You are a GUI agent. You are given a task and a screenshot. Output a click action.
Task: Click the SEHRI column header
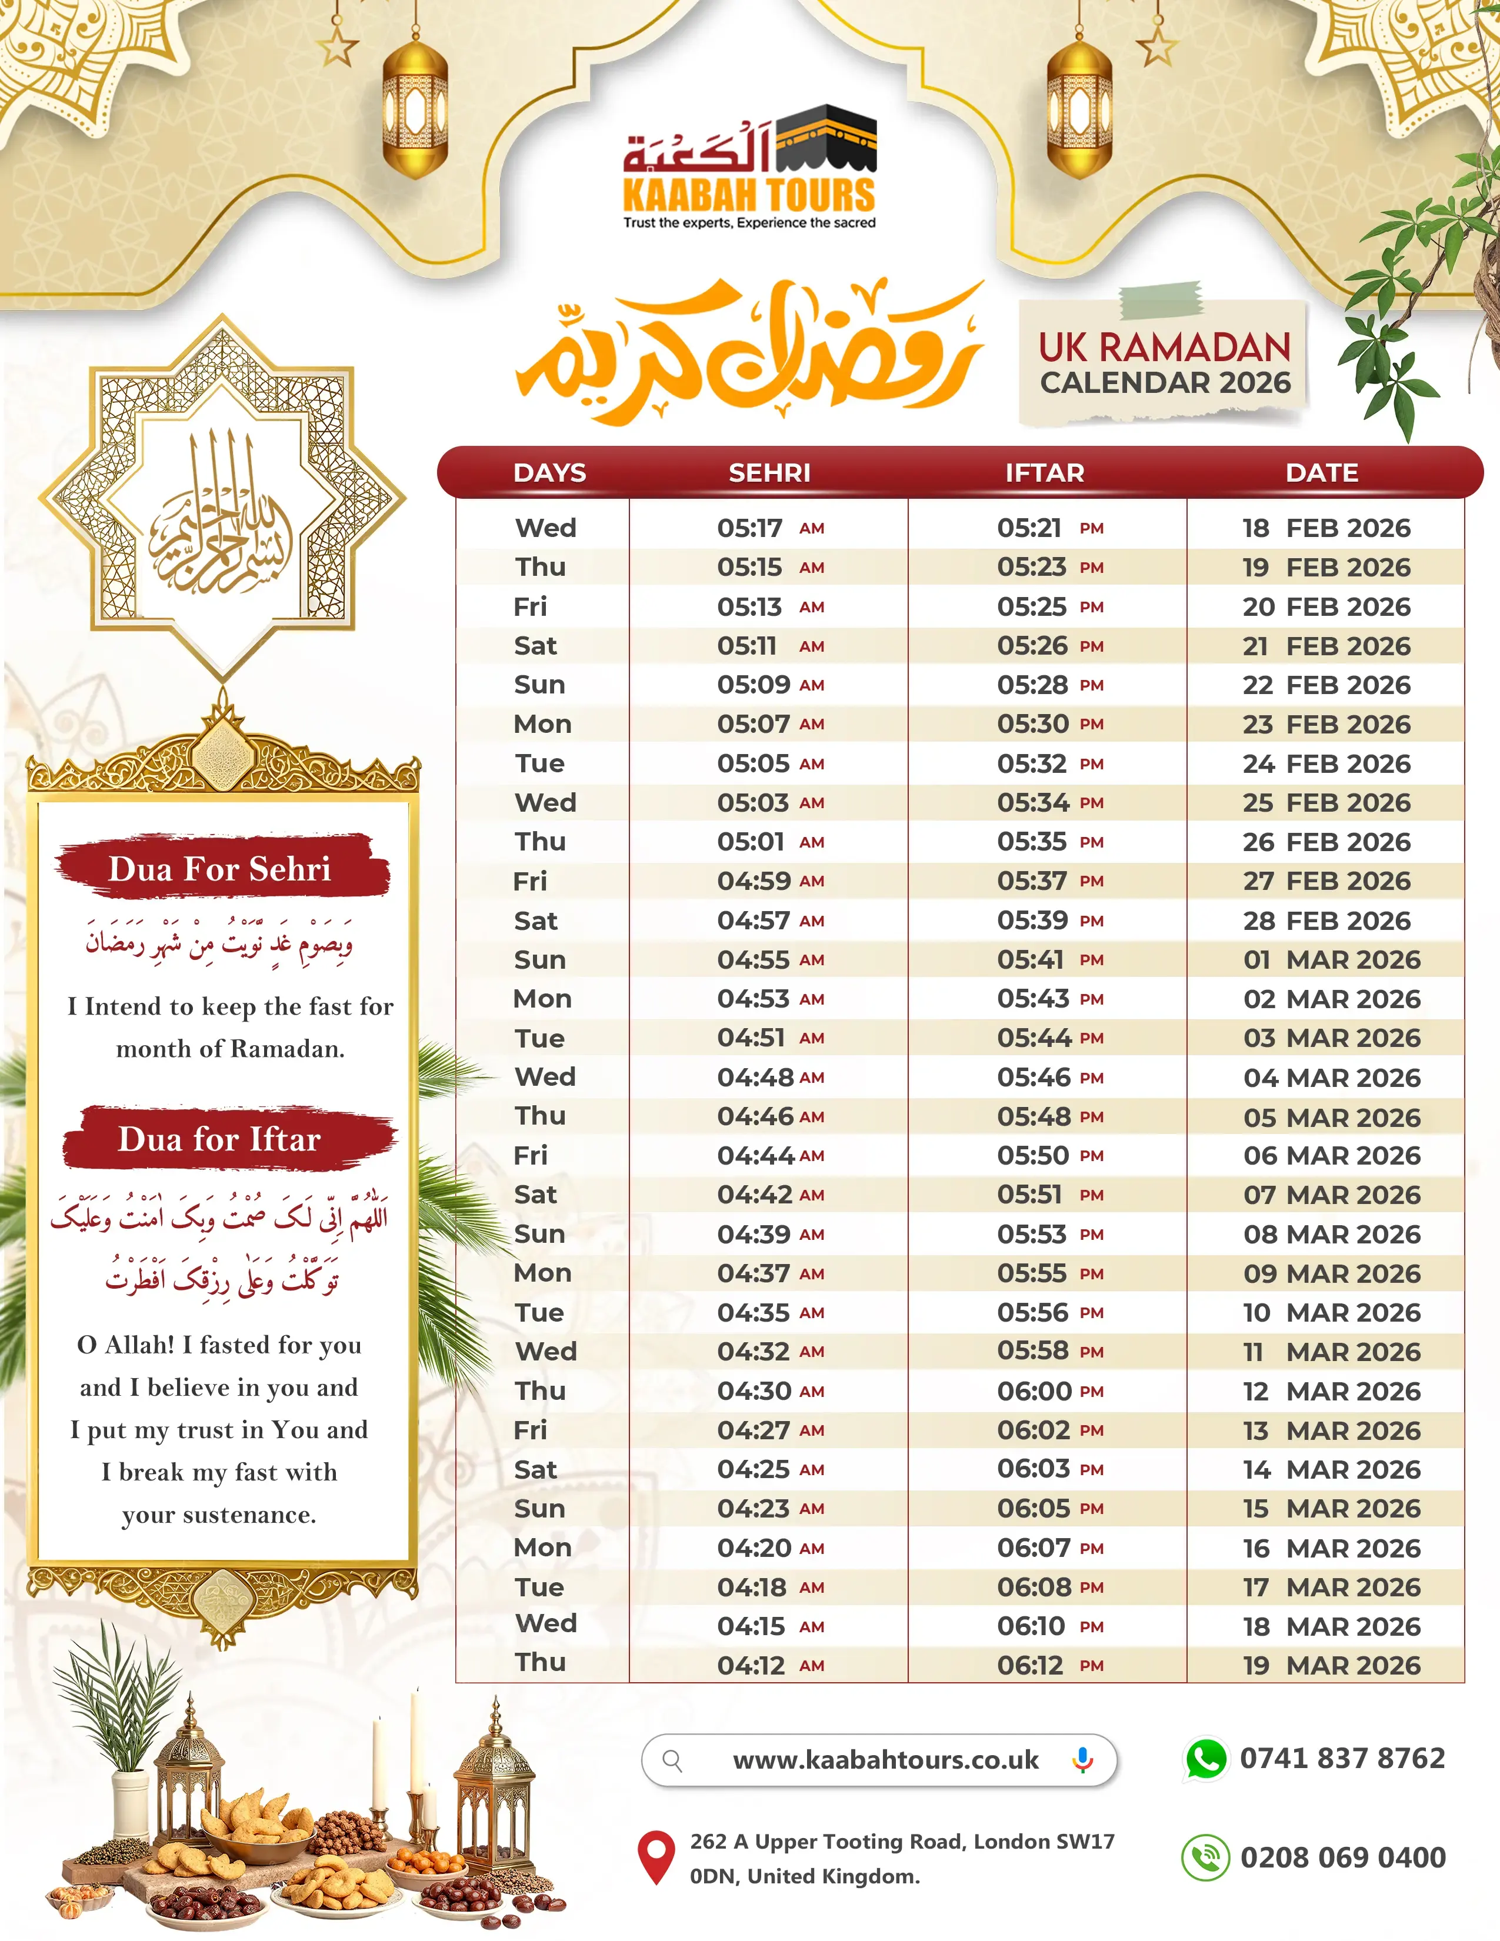tap(769, 473)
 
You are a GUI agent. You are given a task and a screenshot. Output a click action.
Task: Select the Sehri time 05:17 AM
tap(769, 528)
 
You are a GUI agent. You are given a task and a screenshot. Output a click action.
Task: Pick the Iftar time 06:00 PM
tap(1049, 1391)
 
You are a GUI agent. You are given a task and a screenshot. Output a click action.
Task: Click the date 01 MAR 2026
tap(1331, 960)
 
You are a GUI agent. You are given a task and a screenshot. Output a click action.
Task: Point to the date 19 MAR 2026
tap(1331, 1666)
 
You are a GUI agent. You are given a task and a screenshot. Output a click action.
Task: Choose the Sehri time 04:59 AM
tap(769, 881)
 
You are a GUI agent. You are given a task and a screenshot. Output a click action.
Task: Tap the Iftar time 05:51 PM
tap(1049, 1195)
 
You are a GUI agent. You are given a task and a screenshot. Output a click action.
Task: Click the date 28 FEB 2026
tap(1326, 921)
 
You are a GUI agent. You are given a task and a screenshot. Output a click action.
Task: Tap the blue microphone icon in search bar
tap(1082, 1760)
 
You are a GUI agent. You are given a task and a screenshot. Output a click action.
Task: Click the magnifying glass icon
tap(673, 1760)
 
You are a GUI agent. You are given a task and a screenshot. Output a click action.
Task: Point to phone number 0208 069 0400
tap(1343, 1857)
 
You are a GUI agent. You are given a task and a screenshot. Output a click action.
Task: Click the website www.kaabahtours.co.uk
tap(885, 1760)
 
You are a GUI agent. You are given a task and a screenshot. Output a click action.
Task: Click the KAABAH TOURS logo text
tap(748, 195)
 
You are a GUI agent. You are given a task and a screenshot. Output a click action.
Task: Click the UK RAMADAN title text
tap(1164, 348)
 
